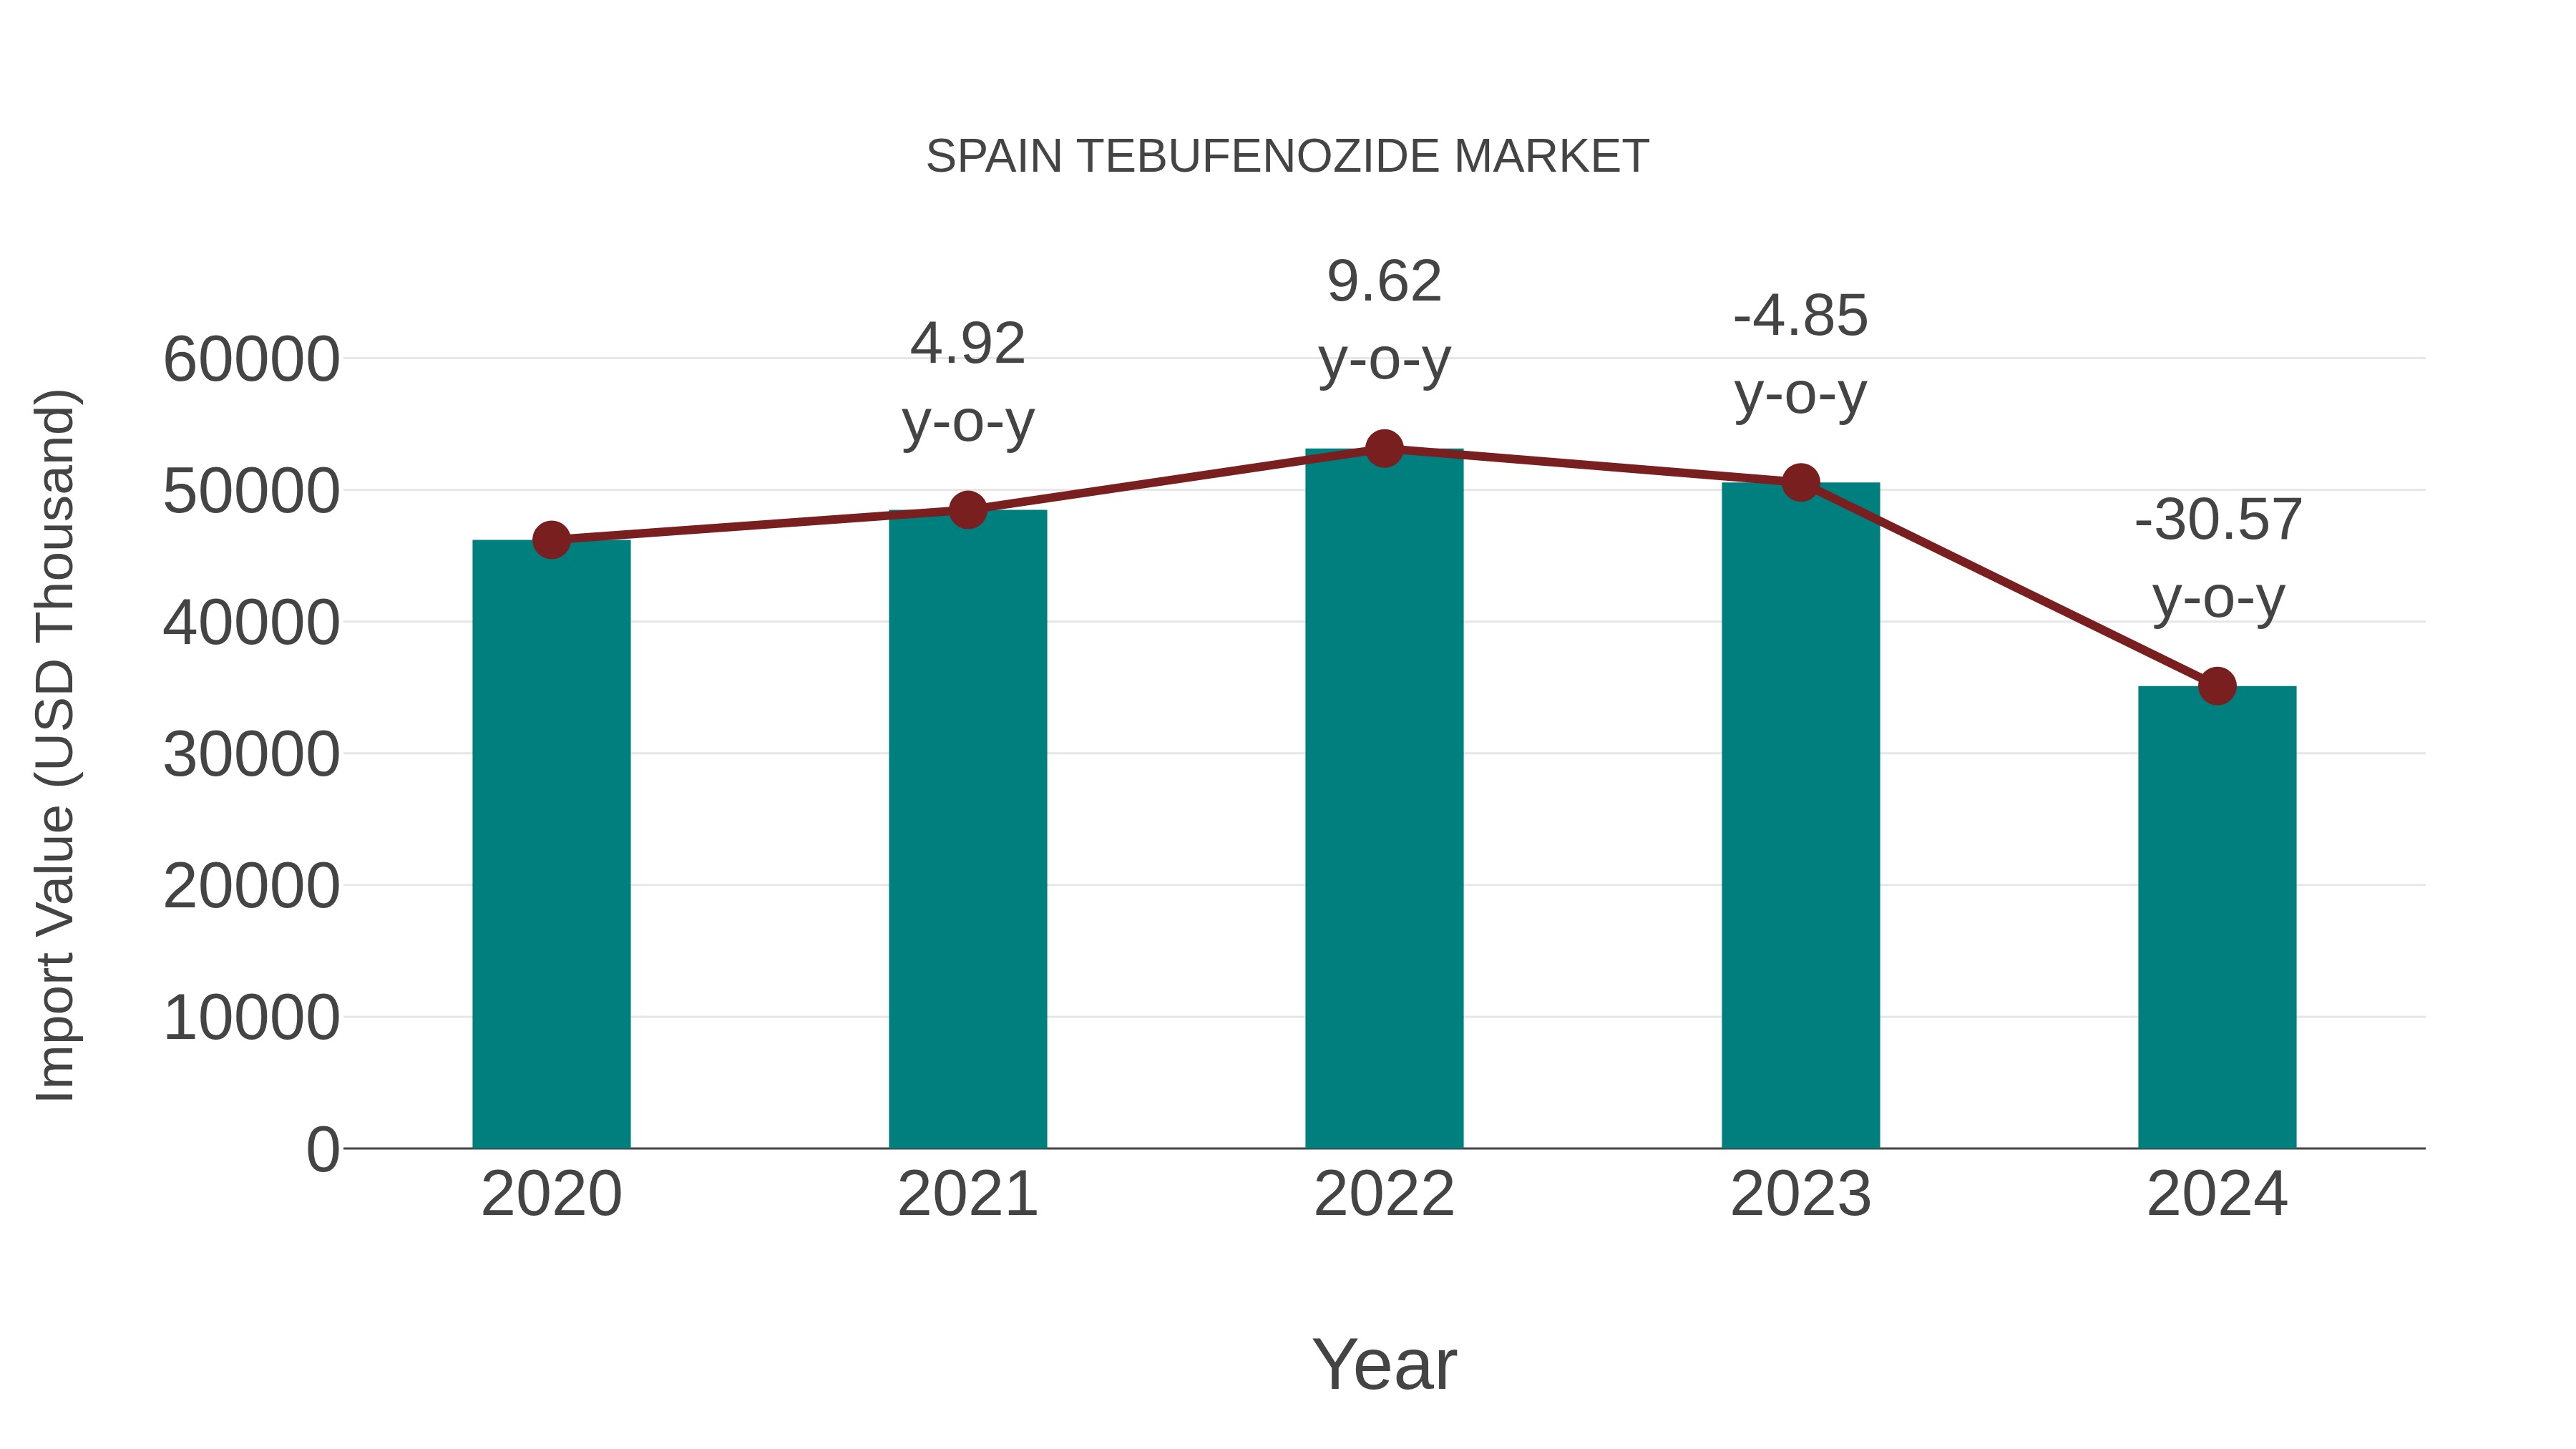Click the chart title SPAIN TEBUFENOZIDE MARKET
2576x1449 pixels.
pos(1287,157)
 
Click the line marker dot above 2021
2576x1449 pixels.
pos(967,510)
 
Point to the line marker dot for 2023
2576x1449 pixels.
pos(1800,483)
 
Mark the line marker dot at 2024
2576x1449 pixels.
pos(2217,686)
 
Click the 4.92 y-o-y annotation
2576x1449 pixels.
pos(967,382)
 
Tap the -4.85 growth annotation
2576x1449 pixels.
pos(1800,354)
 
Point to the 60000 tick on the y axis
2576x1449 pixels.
pos(251,359)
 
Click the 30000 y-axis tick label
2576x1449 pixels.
pos(251,754)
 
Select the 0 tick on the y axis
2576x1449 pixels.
pos(323,1149)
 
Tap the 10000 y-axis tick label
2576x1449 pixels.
pos(251,1018)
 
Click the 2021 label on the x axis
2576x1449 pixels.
pos(967,1194)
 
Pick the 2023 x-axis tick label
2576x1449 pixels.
pos(1800,1194)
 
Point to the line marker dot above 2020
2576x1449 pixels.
pos(551,540)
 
